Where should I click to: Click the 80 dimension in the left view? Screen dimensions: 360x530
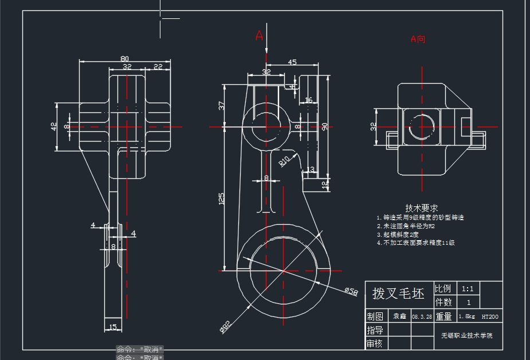tap(124, 58)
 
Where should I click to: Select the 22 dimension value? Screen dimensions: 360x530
tap(158, 67)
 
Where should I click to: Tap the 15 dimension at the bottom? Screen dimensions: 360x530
tap(112, 327)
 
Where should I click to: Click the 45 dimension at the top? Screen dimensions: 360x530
tap(292, 62)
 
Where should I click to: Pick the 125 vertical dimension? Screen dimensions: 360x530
tap(221, 198)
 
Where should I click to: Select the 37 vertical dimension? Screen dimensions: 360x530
tap(221, 105)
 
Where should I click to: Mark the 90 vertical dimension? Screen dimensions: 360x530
tap(324, 127)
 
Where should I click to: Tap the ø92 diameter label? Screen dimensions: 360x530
tap(225, 327)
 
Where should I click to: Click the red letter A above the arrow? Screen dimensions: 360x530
tap(259, 36)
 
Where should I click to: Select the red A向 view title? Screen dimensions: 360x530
tap(418, 40)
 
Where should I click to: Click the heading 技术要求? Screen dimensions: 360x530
tap(422, 208)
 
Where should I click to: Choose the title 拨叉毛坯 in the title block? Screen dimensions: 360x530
tap(398, 294)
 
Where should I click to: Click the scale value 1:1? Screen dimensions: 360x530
tap(468, 288)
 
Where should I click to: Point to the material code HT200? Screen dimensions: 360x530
tap(490, 316)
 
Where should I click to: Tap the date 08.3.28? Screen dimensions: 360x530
tap(422, 316)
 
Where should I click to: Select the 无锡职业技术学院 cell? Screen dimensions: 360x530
tap(466, 335)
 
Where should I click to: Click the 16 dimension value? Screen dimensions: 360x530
tap(309, 100)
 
